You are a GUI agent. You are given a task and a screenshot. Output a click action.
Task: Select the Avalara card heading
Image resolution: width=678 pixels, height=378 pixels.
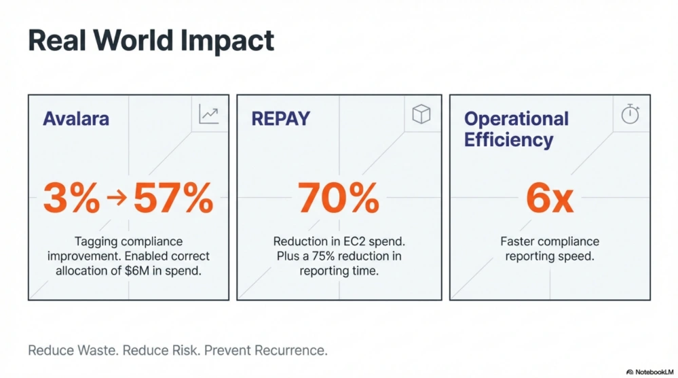tap(75, 118)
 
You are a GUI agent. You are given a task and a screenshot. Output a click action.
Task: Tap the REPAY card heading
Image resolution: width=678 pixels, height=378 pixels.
tap(280, 118)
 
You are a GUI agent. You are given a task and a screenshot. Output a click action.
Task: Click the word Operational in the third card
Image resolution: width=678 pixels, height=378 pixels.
tap(516, 119)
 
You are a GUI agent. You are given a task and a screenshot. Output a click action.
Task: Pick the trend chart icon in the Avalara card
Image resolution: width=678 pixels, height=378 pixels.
tap(208, 114)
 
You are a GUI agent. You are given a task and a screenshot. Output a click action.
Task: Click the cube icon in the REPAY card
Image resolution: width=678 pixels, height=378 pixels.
tap(421, 114)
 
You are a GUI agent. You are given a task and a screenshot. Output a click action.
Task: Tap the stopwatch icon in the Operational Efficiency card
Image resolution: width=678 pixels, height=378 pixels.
tap(630, 115)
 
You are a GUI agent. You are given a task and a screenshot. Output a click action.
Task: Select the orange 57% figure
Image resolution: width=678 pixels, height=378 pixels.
tap(173, 199)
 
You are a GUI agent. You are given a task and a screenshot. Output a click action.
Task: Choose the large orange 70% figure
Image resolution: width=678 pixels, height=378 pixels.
tap(339, 199)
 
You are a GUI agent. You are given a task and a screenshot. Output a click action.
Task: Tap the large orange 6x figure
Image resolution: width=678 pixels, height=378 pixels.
tap(550, 199)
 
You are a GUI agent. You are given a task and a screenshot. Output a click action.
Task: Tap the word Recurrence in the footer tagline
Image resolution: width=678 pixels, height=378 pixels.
tap(293, 351)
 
